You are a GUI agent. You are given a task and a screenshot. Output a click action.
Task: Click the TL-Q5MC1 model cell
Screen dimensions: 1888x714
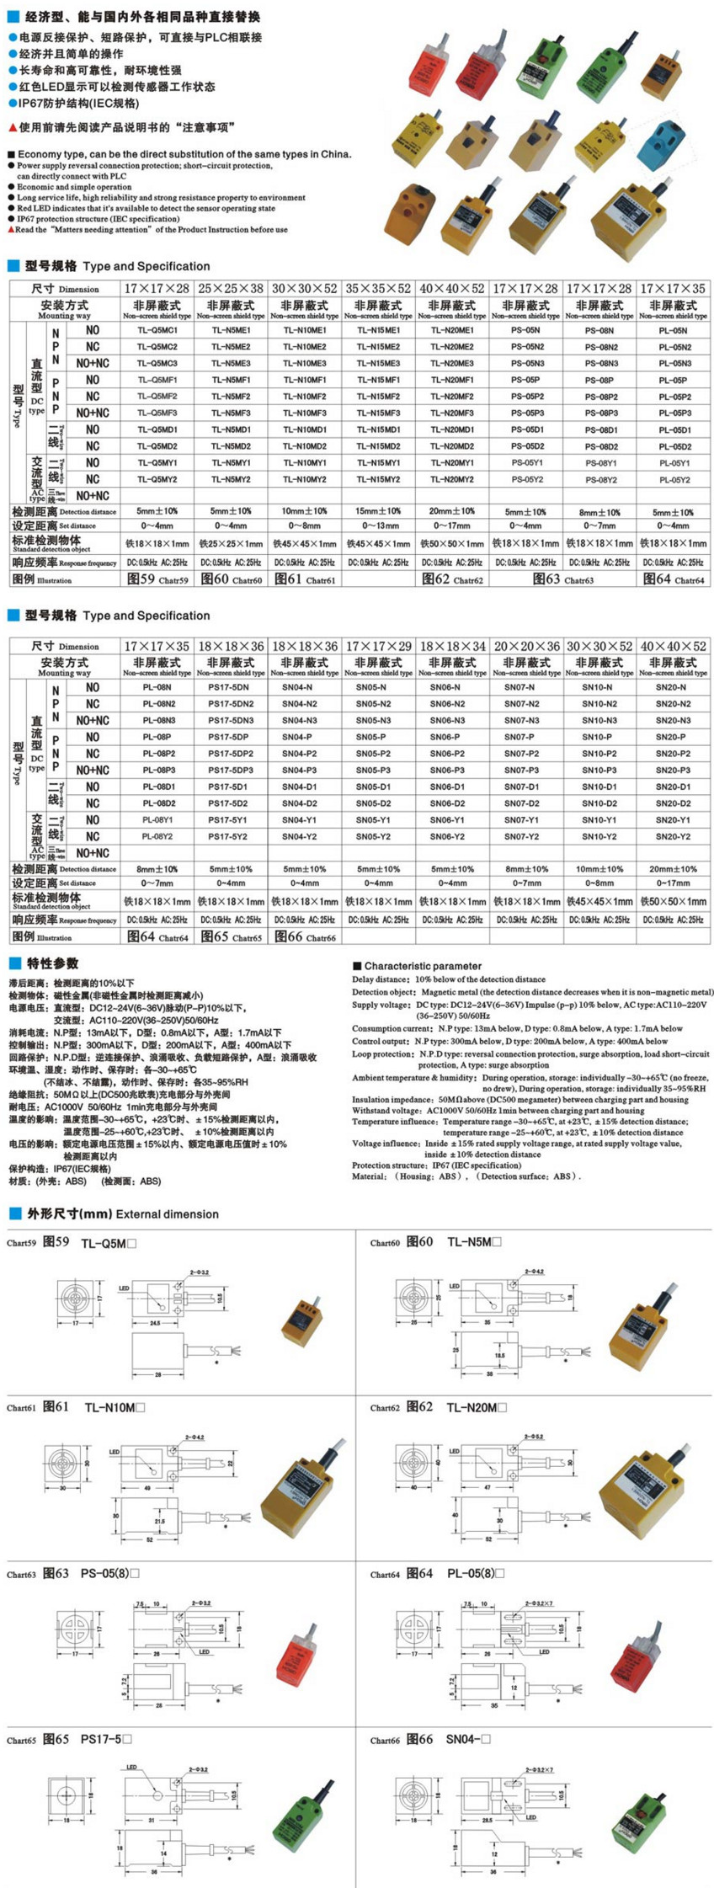pos(157,330)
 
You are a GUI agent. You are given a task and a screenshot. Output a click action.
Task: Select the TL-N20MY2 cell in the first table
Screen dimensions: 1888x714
pos(452,479)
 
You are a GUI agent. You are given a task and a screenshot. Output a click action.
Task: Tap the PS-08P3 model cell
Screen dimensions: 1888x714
pos(599,413)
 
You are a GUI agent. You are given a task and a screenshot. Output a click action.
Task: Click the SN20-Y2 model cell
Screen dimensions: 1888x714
pos(673,836)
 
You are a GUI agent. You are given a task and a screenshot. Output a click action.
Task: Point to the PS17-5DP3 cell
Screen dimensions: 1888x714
pos(231,770)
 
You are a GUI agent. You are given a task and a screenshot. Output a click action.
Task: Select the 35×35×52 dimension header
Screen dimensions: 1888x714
pos(378,288)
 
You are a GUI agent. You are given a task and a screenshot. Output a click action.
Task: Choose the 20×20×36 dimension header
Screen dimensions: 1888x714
pos(526,646)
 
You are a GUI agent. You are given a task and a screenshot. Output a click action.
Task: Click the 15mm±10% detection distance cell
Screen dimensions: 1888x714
pos(378,511)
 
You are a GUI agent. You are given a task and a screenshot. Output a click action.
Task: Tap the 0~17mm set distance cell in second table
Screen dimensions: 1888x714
pos(673,883)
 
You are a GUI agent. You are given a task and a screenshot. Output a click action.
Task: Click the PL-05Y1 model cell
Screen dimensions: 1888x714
pos(673,462)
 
